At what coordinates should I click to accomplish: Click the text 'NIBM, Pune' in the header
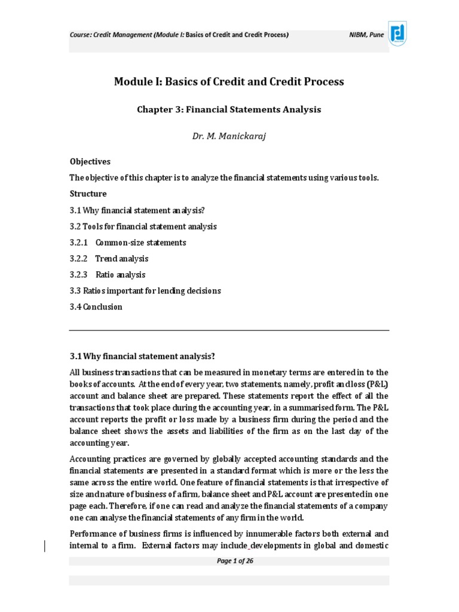pyautogui.click(x=366, y=35)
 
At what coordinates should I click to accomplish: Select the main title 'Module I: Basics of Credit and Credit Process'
pyautogui.click(x=229, y=81)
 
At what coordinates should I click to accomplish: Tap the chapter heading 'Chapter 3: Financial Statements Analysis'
pyautogui.click(x=229, y=109)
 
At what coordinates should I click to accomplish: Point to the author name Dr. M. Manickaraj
pyautogui.click(x=229, y=136)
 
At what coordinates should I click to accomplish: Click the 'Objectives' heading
pyautogui.click(x=90, y=162)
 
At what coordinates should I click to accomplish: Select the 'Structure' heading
pyautogui.click(x=88, y=194)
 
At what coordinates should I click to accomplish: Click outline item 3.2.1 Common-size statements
pyautogui.click(x=128, y=243)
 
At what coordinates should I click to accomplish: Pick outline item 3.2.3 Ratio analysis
pyautogui.click(x=108, y=275)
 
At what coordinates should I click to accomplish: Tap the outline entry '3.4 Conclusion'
pyautogui.click(x=96, y=307)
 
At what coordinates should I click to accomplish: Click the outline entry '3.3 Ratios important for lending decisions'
pyautogui.click(x=145, y=291)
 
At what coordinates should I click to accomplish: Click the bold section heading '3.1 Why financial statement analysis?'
pyautogui.click(x=142, y=357)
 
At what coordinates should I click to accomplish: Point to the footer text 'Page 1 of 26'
pyautogui.click(x=229, y=561)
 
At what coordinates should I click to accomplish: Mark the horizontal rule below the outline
pyautogui.click(x=229, y=330)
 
